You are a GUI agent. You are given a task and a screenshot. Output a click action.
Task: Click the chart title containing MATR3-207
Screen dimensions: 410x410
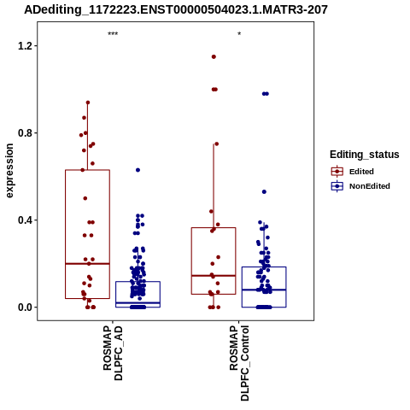tap(176, 9)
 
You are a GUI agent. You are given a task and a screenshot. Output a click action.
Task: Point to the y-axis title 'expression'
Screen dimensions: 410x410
tap(9, 171)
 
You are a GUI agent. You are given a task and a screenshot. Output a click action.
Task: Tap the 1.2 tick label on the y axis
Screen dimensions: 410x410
tap(24, 46)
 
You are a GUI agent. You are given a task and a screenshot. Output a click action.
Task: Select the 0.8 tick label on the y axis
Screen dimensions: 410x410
tap(24, 133)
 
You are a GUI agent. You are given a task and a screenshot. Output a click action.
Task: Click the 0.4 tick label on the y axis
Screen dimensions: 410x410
tap(24, 220)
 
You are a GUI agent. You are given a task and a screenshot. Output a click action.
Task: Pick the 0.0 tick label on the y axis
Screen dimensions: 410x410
tap(24, 307)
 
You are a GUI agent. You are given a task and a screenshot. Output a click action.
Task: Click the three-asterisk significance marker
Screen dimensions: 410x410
tap(113, 34)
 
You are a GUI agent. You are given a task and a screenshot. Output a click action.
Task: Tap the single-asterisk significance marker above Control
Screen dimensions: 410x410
tap(239, 34)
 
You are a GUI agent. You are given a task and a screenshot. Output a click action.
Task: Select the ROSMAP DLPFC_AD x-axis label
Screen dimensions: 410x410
tap(113, 354)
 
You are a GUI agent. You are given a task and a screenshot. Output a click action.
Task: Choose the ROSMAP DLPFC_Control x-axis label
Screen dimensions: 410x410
tap(239, 363)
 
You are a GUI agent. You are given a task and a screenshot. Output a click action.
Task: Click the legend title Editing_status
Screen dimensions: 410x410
tap(365, 155)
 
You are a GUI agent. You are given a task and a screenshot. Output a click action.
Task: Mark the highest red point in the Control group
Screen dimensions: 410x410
tap(214, 57)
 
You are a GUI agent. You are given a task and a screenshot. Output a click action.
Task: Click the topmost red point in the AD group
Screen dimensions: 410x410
tap(88, 102)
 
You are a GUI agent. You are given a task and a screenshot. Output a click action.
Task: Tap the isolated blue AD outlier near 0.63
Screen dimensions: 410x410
tap(138, 170)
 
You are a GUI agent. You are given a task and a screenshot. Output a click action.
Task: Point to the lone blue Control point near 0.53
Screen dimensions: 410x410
tap(264, 192)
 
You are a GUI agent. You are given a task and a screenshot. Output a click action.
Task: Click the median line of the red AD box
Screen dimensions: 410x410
tap(87, 264)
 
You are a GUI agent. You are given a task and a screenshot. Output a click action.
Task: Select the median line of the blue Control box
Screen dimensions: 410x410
tap(264, 290)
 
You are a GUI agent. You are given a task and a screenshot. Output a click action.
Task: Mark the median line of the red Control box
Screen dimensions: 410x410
tap(214, 276)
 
